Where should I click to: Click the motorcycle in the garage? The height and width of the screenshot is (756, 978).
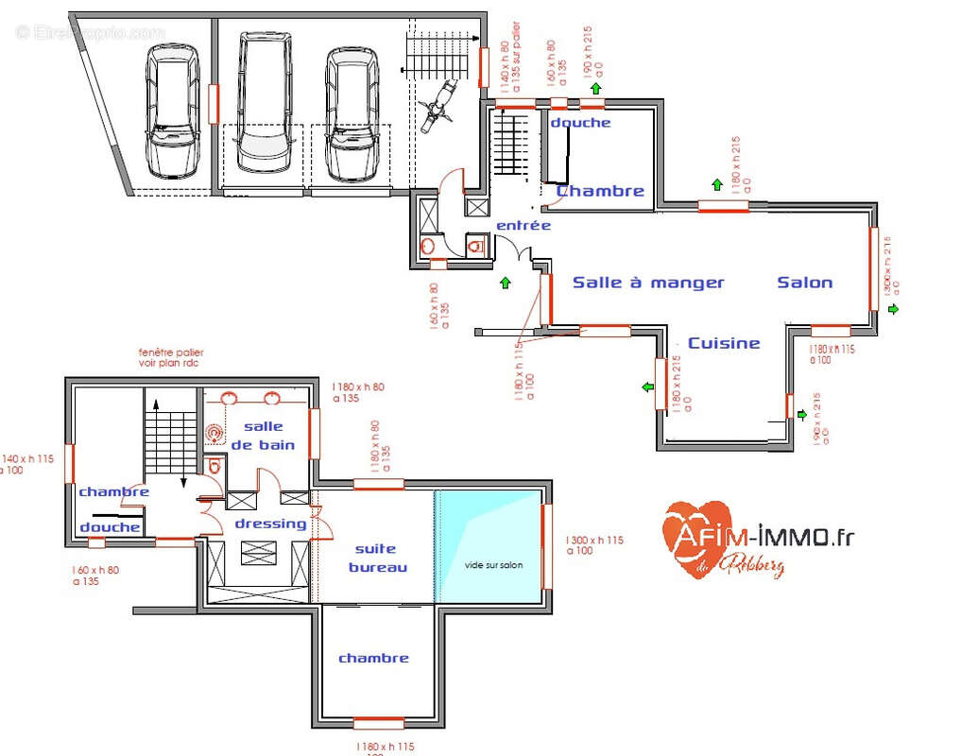coord(438,103)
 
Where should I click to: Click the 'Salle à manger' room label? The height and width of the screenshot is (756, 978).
coord(648,283)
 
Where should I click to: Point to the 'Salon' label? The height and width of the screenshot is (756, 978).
coord(805,283)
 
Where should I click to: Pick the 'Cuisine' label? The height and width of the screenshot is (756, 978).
coord(724,343)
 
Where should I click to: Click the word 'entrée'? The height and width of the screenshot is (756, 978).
coord(523,226)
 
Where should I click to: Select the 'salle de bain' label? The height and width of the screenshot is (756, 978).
coord(264,436)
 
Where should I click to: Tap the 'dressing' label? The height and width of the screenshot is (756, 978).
coord(270,524)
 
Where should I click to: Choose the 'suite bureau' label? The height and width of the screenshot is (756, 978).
coord(377,558)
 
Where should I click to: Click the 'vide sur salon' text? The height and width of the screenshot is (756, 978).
coord(493,565)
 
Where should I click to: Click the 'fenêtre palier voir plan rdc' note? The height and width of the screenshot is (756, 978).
coord(170,357)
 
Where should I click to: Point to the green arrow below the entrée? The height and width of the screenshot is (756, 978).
coord(506,282)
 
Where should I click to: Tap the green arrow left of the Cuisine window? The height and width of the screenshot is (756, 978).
coord(649,387)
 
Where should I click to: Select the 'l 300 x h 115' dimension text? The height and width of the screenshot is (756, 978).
coord(594,545)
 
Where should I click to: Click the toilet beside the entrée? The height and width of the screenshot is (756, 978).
coord(475,248)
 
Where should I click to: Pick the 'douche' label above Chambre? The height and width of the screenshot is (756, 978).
coord(580,123)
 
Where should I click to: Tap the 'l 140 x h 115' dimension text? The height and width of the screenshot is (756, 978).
coord(28,464)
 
